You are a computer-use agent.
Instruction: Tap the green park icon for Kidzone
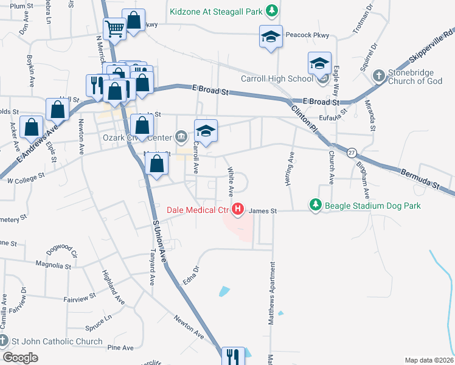click(273, 10)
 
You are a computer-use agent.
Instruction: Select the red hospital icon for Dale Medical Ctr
click(238, 210)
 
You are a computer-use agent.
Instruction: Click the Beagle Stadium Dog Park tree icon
click(315, 206)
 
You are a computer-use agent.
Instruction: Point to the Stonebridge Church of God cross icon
click(378, 75)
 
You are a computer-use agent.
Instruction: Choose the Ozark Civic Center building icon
click(181, 135)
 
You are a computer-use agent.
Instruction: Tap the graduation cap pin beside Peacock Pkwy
click(271, 37)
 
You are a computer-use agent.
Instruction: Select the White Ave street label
click(231, 182)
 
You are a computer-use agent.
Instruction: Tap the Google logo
click(21, 357)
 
